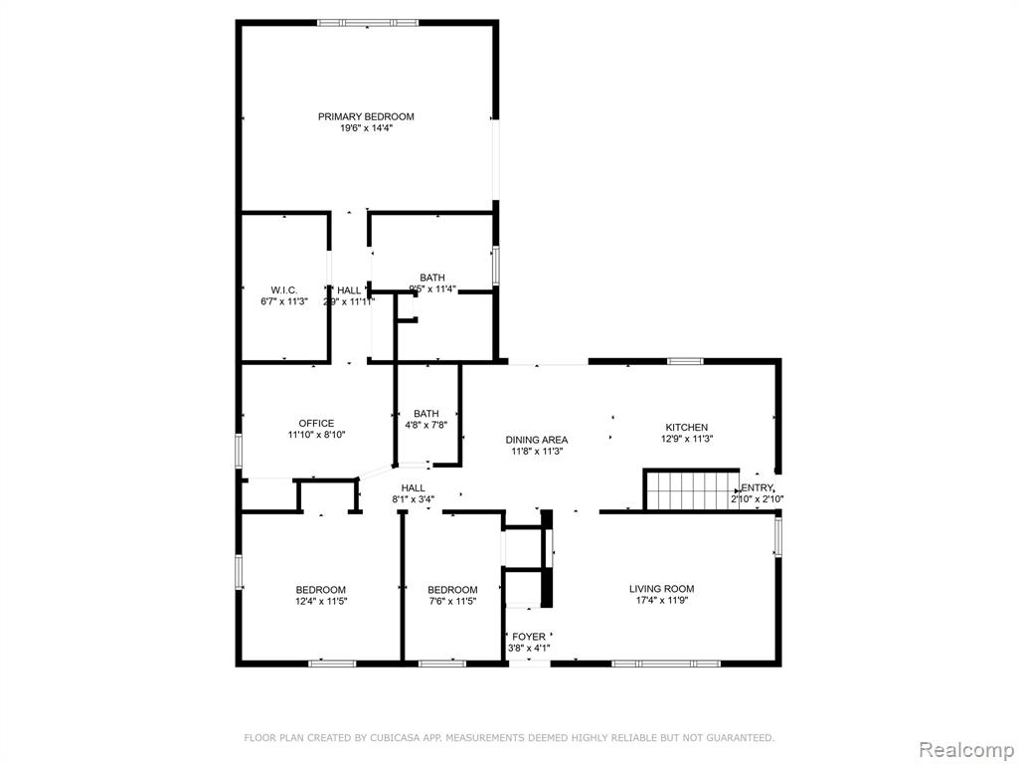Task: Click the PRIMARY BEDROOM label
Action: tap(366, 117)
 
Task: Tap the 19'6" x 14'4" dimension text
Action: tap(366, 128)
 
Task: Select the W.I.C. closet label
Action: tap(283, 289)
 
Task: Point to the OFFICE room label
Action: tap(316, 424)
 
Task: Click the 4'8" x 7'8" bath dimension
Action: tap(425, 425)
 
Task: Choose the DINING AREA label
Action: tap(537, 440)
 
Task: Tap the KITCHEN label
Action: tap(686, 428)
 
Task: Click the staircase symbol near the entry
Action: tap(692, 489)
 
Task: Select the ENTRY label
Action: tap(757, 487)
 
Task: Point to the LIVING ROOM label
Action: tap(661, 589)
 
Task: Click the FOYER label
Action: tap(529, 637)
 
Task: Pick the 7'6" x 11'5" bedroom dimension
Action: tap(452, 602)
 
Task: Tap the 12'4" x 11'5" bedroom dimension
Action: tap(321, 602)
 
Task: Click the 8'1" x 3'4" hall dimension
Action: tap(413, 499)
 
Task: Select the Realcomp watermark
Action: tap(964, 749)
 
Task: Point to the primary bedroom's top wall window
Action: tap(368, 23)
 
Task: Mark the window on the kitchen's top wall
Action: tap(686, 361)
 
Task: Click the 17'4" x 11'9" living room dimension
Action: tap(661, 601)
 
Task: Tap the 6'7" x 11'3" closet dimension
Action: tap(283, 301)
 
